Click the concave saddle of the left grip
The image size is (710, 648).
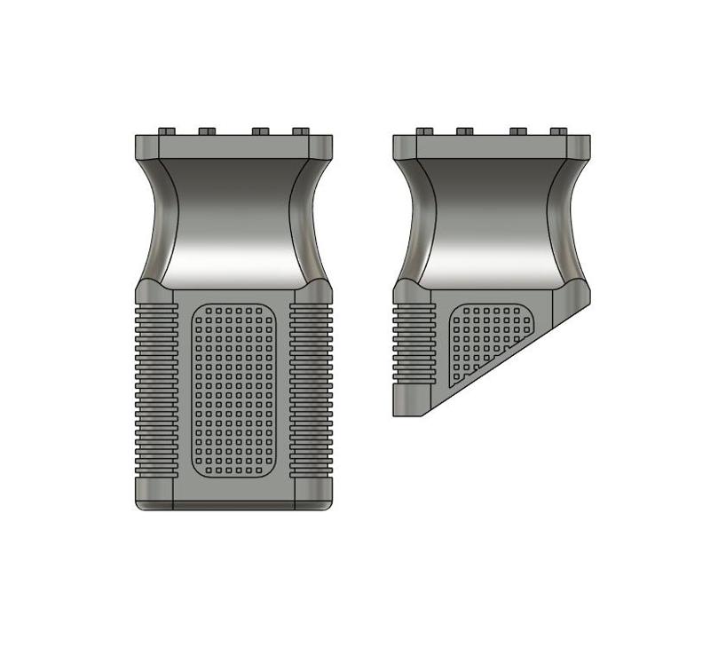pyautogui.click(x=233, y=222)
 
